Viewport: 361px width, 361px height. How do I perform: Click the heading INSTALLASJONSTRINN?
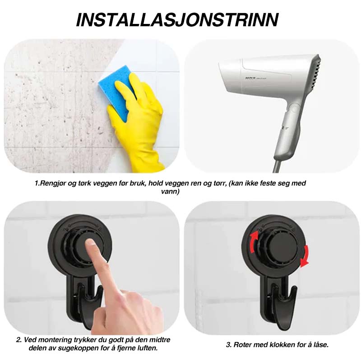[x=177, y=20]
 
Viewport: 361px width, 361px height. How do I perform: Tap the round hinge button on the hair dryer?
[x=295, y=108]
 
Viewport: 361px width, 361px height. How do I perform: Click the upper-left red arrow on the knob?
[x=254, y=242]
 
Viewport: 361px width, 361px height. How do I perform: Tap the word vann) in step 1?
[x=170, y=191]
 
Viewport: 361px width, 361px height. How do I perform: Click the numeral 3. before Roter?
[x=229, y=345]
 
